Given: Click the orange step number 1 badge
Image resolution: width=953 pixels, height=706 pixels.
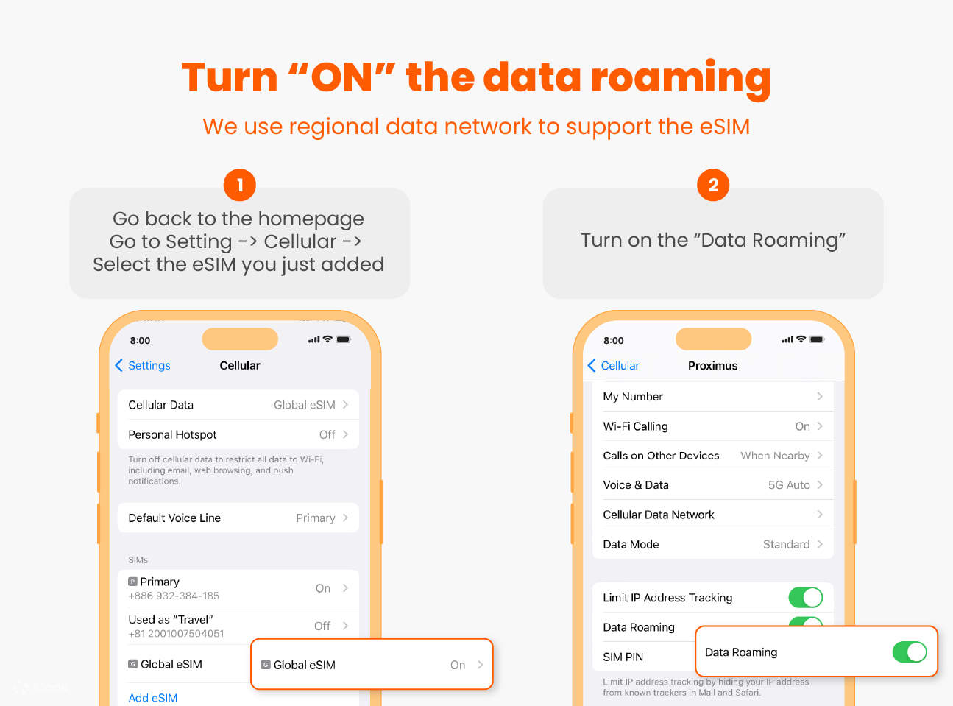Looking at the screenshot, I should click(x=239, y=185).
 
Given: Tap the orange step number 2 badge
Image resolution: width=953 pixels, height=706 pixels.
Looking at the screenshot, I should click(x=712, y=185).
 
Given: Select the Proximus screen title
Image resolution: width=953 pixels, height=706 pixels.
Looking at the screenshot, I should click(x=712, y=366).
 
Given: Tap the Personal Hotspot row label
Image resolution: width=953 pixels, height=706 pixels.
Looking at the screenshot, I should click(x=172, y=435).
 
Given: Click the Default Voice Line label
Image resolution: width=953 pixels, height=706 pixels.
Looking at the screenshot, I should click(x=174, y=518).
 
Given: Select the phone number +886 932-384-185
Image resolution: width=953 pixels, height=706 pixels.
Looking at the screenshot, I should click(x=174, y=596).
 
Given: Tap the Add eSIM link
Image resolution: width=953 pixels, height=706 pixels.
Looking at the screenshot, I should click(x=152, y=698).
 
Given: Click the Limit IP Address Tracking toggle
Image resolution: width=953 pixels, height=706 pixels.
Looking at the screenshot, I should click(x=805, y=597).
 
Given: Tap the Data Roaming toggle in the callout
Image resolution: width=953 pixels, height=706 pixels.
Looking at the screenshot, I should click(x=909, y=652).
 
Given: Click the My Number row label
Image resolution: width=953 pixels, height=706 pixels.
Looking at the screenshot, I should click(x=633, y=397).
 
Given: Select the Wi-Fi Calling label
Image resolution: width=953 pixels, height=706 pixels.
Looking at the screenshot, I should click(x=635, y=426).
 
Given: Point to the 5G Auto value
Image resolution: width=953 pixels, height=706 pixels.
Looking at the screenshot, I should click(x=789, y=485).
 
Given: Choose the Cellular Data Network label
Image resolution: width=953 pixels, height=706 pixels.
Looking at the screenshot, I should click(x=659, y=515).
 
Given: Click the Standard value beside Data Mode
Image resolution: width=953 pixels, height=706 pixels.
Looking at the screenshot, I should click(x=786, y=545).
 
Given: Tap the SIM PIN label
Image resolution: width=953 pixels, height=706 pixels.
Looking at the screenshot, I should click(x=623, y=657).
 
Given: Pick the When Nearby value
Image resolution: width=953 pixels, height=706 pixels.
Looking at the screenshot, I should click(x=775, y=456).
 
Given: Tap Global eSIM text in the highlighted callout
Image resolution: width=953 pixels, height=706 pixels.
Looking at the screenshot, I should click(x=304, y=665).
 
